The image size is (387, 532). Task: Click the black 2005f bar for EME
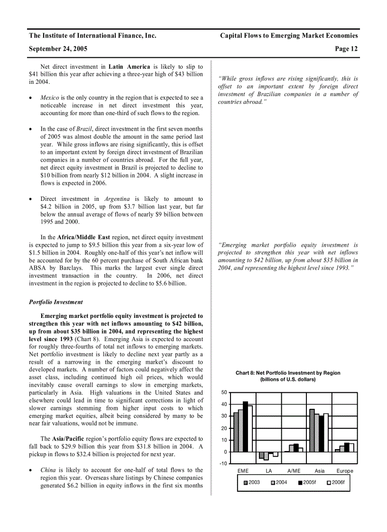click(x=245, y=426)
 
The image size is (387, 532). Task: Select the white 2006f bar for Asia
click(x=325, y=433)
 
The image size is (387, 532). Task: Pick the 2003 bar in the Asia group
click(x=312, y=430)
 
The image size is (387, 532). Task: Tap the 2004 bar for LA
click(x=266, y=456)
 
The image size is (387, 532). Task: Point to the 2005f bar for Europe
click(x=347, y=447)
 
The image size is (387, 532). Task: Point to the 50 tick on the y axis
click(x=224, y=392)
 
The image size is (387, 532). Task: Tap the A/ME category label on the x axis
click(x=294, y=471)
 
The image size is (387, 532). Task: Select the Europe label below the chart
click(x=345, y=471)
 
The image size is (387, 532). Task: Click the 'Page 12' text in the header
click(x=346, y=49)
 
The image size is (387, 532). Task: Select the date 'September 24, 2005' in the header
click(x=58, y=49)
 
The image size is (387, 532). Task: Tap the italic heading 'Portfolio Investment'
click(x=55, y=302)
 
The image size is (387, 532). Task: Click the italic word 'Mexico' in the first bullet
click(x=50, y=98)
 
